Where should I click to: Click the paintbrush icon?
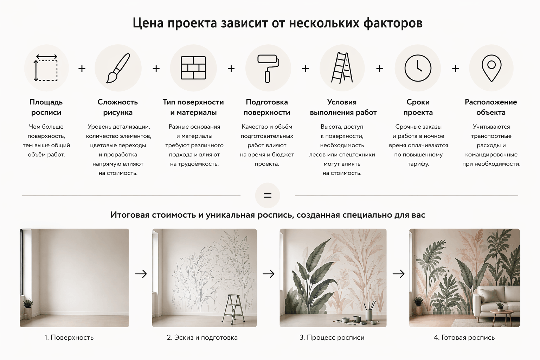tap(118, 68)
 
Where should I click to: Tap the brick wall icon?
tap(193, 68)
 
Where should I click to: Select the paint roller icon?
tap(268, 69)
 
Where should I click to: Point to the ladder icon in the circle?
tap(342, 68)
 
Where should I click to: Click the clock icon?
tap(418, 68)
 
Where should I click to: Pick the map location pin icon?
tap(491, 69)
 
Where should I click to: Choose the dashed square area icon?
tap(46, 68)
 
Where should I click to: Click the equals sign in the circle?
tap(268, 195)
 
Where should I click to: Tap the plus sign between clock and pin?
tap(455, 69)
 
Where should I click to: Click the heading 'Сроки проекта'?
tap(418, 107)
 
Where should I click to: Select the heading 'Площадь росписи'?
tap(46, 107)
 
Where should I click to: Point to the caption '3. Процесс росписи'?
tap(332, 337)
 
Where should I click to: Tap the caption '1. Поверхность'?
tap(69, 337)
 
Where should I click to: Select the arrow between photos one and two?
tap(141, 274)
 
